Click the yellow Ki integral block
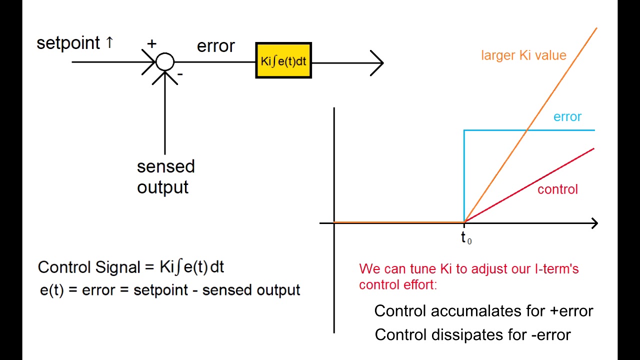point(283,60)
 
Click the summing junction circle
point(165,62)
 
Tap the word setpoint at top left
point(68,43)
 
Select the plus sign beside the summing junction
point(151,43)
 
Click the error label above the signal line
point(215,46)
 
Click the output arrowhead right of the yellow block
point(377,63)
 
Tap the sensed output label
point(165,176)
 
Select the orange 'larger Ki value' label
point(523,55)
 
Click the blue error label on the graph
point(567,116)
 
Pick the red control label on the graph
point(557,189)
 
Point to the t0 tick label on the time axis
point(465,238)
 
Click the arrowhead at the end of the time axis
point(593,223)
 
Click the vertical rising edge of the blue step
point(464,175)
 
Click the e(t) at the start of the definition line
point(51,290)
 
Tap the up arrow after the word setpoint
point(109,43)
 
